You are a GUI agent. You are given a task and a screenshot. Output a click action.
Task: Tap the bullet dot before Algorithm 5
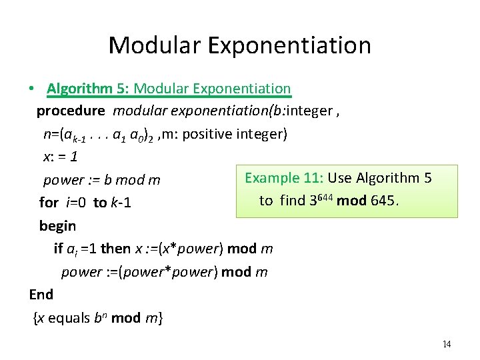tap(31, 89)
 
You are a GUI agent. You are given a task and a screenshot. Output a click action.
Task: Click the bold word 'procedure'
tap(70, 111)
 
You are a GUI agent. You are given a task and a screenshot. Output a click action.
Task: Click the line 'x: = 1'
tap(61, 157)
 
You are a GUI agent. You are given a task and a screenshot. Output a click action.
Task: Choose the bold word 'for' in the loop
tap(49, 202)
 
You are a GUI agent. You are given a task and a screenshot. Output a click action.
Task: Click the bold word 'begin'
tap(57, 225)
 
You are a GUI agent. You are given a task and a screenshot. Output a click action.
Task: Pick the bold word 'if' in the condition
tap(58, 249)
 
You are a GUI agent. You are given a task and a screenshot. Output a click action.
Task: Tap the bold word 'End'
tap(41, 294)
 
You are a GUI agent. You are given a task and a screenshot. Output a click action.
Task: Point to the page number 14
tap(446, 344)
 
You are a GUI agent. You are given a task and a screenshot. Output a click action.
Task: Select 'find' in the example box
tap(291, 201)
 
